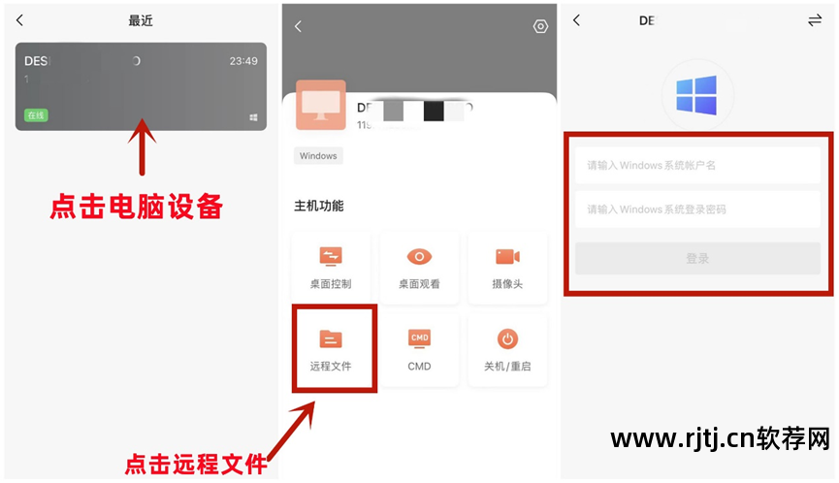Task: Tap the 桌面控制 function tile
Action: [x=331, y=265]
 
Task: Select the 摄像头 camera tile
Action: [x=507, y=265]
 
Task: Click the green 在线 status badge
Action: [x=36, y=115]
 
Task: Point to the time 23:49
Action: [x=243, y=60]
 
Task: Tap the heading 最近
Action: [x=141, y=20]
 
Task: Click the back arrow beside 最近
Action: [x=20, y=20]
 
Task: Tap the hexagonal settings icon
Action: [x=540, y=26]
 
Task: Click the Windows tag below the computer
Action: [x=318, y=155]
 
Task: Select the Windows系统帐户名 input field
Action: [x=697, y=165]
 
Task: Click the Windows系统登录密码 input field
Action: [x=697, y=209]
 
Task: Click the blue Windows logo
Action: [x=696, y=96]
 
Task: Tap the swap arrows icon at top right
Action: [x=815, y=20]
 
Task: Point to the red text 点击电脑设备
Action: [x=137, y=207]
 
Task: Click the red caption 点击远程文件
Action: [x=196, y=465]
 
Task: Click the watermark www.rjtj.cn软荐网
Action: [x=720, y=438]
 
